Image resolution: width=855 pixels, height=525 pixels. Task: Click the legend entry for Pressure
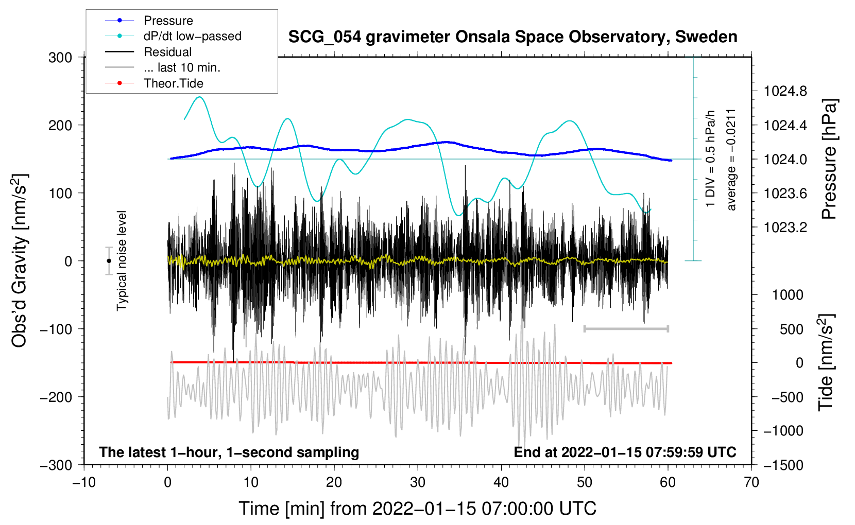(x=168, y=21)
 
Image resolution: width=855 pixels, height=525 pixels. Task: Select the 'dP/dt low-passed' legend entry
(x=192, y=36)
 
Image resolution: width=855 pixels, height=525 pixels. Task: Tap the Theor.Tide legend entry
(x=173, y=83)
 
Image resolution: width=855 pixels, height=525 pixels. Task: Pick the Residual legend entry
(x=167, y=52)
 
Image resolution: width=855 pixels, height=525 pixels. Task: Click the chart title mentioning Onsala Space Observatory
(x=512, y=37)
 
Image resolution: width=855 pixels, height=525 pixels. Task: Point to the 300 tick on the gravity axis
(x=60, y=58)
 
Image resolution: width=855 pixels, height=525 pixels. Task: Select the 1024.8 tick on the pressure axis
(x=785, y=92)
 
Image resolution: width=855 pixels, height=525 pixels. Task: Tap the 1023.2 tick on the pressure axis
(x=785, y=227)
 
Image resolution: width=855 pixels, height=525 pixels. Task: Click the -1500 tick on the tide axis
(x=783, y=465)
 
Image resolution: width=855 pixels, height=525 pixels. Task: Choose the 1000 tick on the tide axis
(x=788, y=295)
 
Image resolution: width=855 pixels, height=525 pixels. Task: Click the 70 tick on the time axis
(x=751, y=482)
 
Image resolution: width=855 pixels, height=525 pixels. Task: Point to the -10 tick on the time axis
(x=84, y=482)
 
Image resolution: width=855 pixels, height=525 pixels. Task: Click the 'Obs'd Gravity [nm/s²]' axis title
(x=20, y=261)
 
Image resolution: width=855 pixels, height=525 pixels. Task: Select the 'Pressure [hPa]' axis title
(x=829, y=160)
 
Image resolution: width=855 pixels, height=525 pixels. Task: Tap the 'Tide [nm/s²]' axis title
(x=826, y=363)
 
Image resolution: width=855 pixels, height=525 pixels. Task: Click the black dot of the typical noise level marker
(x=109, y=261)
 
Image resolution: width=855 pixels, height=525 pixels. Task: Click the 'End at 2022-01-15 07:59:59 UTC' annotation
(x=625, y=452)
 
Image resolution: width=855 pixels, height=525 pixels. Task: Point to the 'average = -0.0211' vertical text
(x=731, y=160)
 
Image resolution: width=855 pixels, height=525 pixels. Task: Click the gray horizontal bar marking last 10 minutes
(x=626, y=328)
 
